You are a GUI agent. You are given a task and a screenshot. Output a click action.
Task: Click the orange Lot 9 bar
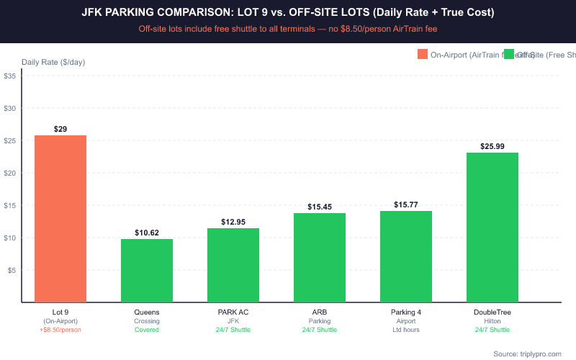pyautogui.click(x=60, y=219)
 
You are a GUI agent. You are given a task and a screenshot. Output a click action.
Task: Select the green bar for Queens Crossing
pyautogui.click(x=147, y=271)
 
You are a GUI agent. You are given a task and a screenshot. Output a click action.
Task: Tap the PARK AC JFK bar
pyautogui.click(x=233, y=265)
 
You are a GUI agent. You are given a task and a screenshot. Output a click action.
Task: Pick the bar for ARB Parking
pyautogui.click(x=320, y=258)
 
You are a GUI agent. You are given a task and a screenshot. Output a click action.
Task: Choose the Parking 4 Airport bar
pyautogui.click(x=406, y=256)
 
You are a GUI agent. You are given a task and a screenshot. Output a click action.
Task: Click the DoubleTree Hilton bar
pyautogui.click(x=492, y=228)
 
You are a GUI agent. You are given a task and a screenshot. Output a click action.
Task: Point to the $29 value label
pyautogui.click(x=60, y=128)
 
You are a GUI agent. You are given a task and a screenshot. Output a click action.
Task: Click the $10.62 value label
pyautogui.click(x=147, y=233)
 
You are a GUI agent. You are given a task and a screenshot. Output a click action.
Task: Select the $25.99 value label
pyautogui.click(x=492, y=146)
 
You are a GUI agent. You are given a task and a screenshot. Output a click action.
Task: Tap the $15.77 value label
pyautogui.click(x=406, y=204)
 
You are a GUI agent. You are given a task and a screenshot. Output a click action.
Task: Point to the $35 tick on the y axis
pyautogui.click(x=10, y=76)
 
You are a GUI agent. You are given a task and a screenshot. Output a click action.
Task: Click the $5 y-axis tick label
pyautogui.click(x=12, y=270)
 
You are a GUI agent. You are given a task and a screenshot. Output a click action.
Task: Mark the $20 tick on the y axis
pyautogui.click(x=10, y=173)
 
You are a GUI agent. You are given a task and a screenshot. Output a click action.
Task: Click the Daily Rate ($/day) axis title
pyautogui.click(x=53, y=62)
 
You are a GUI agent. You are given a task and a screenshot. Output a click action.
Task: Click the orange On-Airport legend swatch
pyautogui.click(x=422, y=55)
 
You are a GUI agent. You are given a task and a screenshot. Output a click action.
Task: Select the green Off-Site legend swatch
pyautogui.click(x=509, y=55)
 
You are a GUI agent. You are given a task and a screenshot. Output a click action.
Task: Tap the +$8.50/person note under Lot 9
pyautogui.click(x=60, y=330)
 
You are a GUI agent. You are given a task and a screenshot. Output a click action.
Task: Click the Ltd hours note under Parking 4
pyautogui.click(x=406, y=330)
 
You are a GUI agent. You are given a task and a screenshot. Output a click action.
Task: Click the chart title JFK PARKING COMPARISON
pyautogui.click(x=288, y=13)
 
